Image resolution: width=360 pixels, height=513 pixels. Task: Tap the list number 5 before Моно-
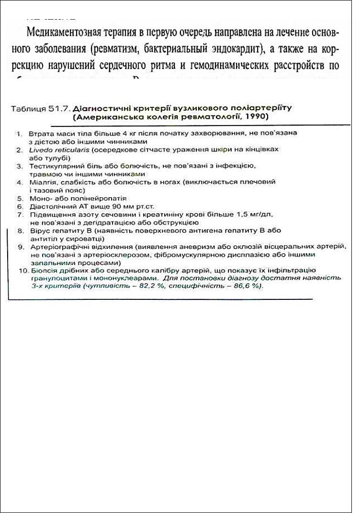pyautogui.click(x=19, y=198)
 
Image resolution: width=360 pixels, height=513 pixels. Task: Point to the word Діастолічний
pyautogui.click(x=50, y=206)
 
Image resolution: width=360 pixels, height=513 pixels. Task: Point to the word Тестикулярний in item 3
pyautogui.click(x=53, y=166)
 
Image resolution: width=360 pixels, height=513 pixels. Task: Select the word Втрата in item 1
pyautogui.click(x=39, y=134)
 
